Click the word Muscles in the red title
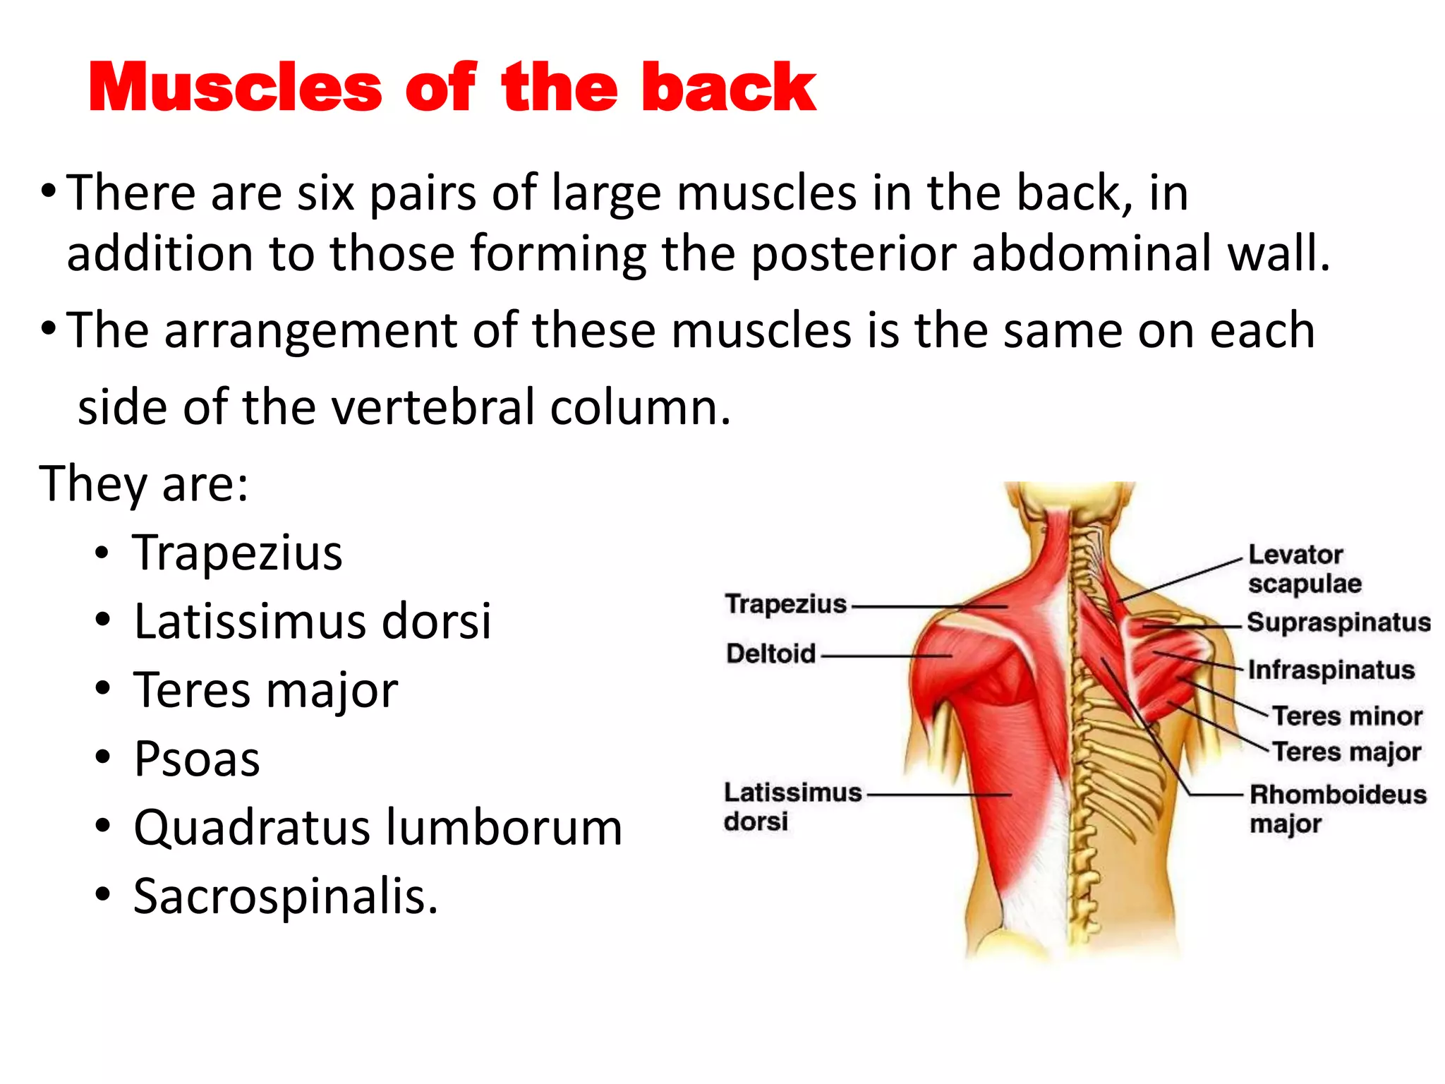[235, 88]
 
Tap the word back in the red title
[729, 88]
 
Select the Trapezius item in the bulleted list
[238, 553]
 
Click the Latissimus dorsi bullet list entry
[313, 621]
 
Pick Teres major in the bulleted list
[266, 690]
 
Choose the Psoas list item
[197, 759]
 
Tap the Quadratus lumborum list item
[378, 827]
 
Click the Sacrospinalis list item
[286, 896]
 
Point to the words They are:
[144, 483]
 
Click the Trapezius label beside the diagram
[786, 604]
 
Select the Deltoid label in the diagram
[771, 654]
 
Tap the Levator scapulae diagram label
[1305, 569]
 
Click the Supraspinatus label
[1338, 622]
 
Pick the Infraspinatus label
[1331, 670]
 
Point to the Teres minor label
[1348, 716]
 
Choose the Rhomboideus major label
[1338, 809]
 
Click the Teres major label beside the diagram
[1347, 752]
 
